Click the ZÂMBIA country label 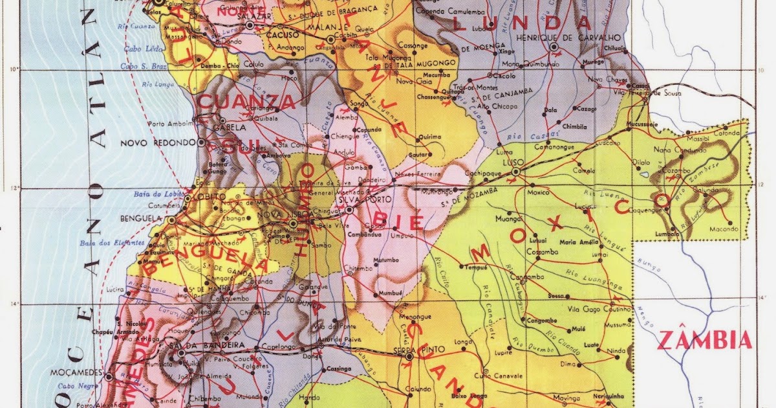pyautogui.click(x=705, y=340)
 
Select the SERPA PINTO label pyautogui.click(x=410, y=350)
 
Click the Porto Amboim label pyautogui.click(x=171, y=124)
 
